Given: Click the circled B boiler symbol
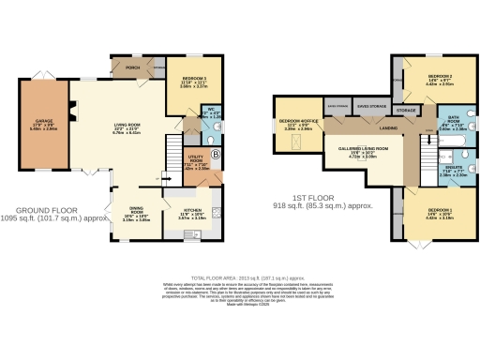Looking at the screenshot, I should (214, 154).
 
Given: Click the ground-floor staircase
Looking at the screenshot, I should (172, 150).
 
